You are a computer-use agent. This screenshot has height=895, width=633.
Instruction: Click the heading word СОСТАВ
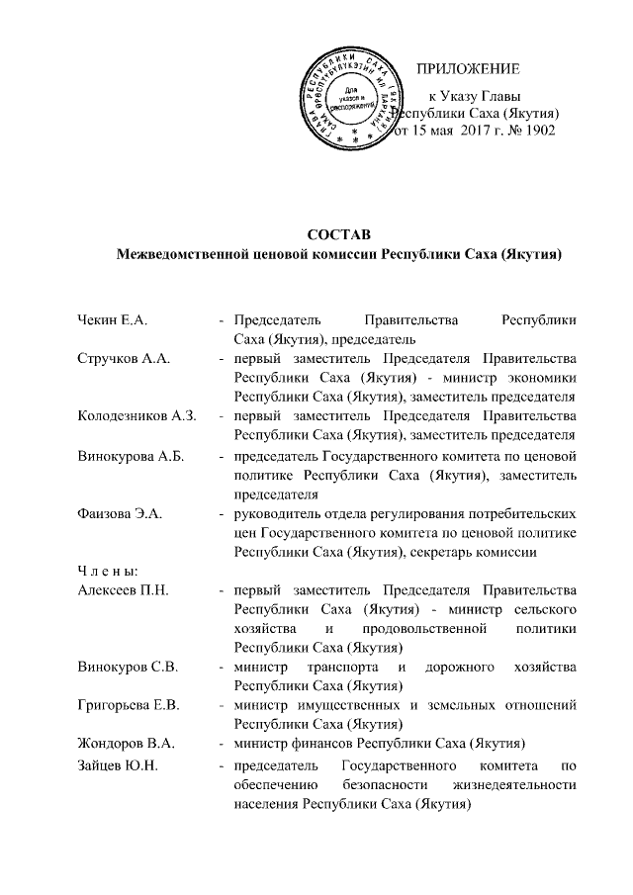(337, 235)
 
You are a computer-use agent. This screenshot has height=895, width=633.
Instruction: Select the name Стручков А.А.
(124, 358)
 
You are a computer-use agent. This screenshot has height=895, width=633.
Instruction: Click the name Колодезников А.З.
(136, 415)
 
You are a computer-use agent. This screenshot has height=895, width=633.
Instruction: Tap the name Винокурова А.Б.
(130, 455)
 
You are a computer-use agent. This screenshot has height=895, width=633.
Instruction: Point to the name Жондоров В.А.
(126, 743)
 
